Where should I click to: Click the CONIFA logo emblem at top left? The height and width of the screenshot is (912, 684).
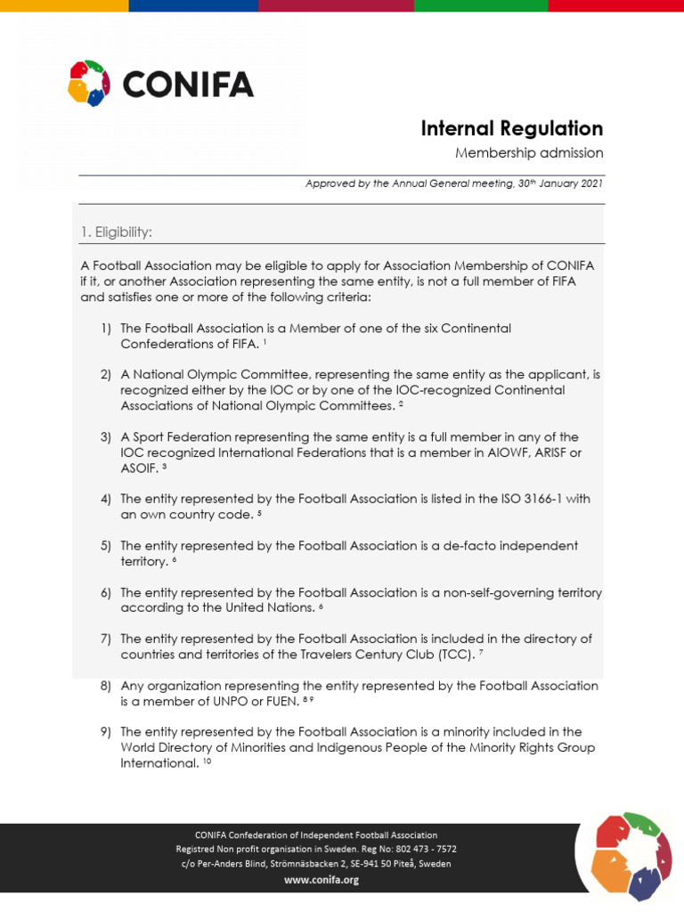point(89,83)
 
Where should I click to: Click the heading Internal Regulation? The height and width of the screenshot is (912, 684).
point(511,128)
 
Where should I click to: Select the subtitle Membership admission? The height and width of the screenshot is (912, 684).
point(529,153)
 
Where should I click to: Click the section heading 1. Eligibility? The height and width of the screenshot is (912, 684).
point(116,232)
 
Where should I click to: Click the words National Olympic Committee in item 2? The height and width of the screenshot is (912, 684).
point(211,375)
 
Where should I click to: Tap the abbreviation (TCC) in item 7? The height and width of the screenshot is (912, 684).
point(451,655)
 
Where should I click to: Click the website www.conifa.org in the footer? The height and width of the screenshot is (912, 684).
point(321,880)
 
